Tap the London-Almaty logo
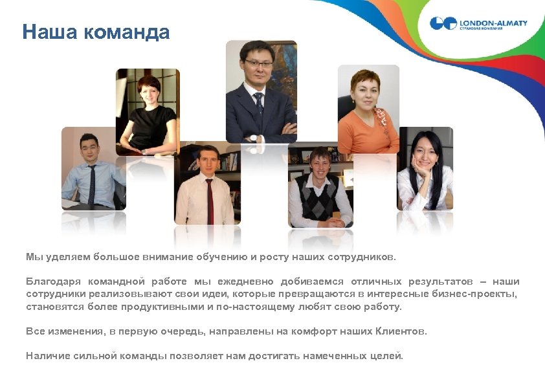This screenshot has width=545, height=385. (x=478, y=24)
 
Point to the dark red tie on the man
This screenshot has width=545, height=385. (x=210, y=201)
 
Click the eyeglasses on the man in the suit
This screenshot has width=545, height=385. (x=258, y=63)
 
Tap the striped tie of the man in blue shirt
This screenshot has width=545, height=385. (x=92, y=184)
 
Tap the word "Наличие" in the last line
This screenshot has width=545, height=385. (x=46, y=356)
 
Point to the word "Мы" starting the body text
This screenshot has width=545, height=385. (x=33, y=257)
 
